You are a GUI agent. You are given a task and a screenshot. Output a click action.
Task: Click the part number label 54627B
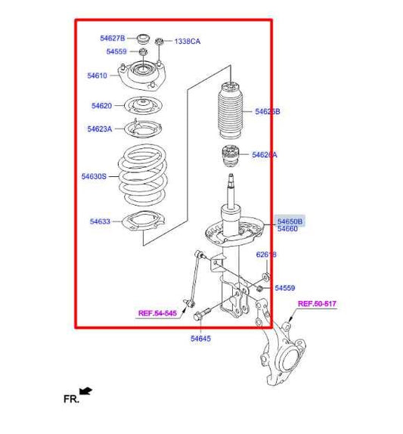(112, 38)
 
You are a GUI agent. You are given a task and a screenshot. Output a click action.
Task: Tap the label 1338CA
(188, 42)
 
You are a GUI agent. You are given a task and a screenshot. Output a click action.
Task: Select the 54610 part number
(98, 76)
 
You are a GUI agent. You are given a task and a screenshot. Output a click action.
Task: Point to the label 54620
(101, 106)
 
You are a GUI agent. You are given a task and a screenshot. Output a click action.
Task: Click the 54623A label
(99, 129)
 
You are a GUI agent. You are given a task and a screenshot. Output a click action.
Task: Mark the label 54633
(100, 222)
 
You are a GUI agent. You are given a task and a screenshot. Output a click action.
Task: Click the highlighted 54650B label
(290, 221)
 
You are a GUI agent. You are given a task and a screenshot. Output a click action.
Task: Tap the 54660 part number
(287, 229)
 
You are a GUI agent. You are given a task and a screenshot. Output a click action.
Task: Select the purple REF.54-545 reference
(157, 312)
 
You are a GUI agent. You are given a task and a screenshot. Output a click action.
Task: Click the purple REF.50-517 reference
(316, 304)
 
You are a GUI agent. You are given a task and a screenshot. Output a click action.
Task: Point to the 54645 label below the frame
(200, 339)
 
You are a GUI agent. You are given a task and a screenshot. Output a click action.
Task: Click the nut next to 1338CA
(160, 41)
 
